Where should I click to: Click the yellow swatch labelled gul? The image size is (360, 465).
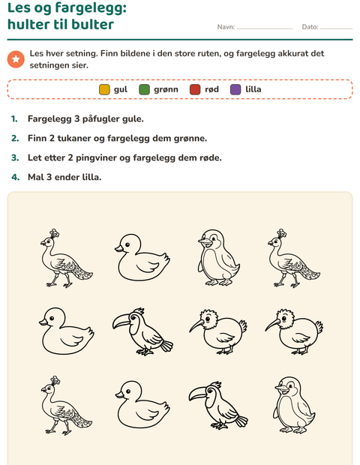tap(104, 89)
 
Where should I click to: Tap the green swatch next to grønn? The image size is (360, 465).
tap(145, 89)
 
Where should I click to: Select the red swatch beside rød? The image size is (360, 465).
tap(195, 89)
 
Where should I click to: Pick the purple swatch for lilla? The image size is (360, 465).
tap(235, 89)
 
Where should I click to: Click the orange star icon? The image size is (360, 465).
tap(16, 59)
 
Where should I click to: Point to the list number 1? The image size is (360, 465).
tap(14, 119)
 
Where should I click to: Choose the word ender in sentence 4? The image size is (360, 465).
tap(67, 177)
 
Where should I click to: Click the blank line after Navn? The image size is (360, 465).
tap(265, 28)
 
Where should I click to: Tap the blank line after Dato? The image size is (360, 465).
tap(337, 28)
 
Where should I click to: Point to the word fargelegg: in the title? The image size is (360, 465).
tap(91, 8)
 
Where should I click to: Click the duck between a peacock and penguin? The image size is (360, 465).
tap(142, 257)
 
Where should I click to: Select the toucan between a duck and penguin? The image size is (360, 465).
tap(218, 405)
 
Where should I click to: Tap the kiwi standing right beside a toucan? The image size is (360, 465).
tap(218, 331)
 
